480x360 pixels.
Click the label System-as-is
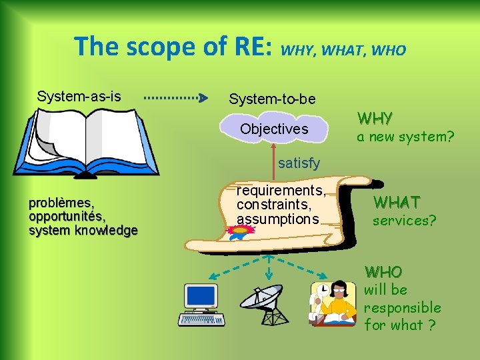[x=79, y=96]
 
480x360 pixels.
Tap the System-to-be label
[x=272, y=99]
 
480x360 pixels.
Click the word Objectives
[x=274, y=129]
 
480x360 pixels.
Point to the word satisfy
[x=299, y=163]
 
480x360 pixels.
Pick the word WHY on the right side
[x=375, y=119]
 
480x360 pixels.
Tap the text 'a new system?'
[x=405, y=137]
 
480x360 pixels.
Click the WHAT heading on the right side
[x=397, y=201]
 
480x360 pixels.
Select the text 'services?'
[x=405, y=220]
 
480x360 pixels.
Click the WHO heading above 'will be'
[x=383, y=272]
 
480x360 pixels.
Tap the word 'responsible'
[x=402, y=307]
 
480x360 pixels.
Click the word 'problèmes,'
[x=61, y=203]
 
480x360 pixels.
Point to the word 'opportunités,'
[x=67, y=217]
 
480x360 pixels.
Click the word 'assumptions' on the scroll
[x=278, y=218]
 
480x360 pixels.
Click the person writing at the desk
[x=333, y=303]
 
